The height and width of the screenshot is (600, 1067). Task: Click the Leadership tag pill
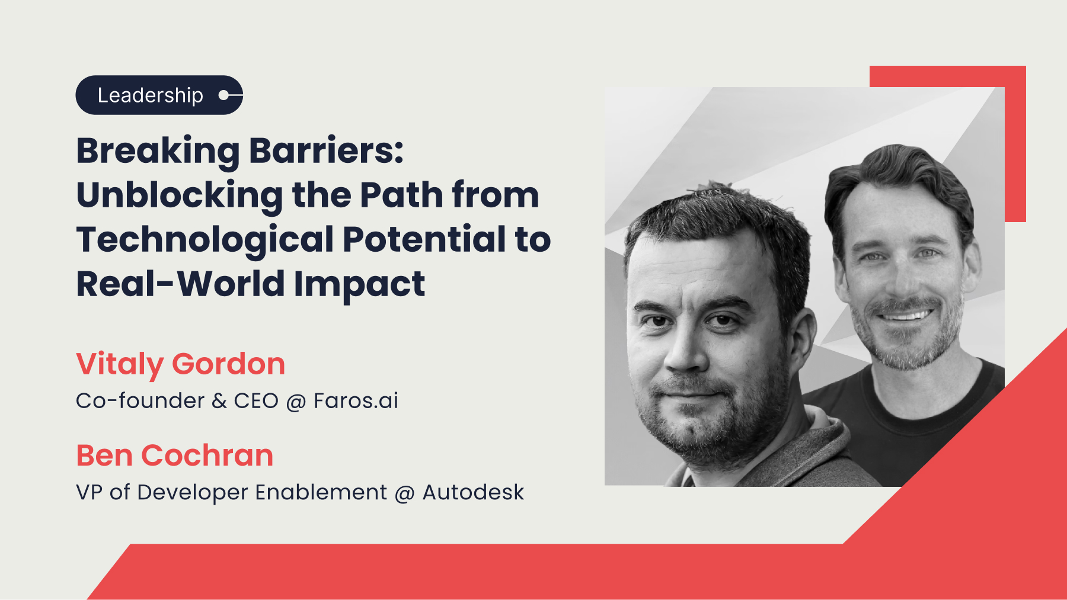click(x=159, y=95)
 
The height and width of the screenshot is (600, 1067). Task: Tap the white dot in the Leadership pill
click(x=223, y=95)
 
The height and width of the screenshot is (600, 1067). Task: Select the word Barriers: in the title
click(x=326, y=150)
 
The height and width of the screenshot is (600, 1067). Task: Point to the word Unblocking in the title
click(x=180, y=196)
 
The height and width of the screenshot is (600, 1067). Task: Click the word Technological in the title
click(x=205, y=240)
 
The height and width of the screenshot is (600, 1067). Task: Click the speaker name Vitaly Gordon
click(x=181, y=364)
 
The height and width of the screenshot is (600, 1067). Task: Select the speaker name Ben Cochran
click(x=175, y=455)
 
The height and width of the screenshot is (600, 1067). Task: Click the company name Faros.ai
click(x=356, y=401)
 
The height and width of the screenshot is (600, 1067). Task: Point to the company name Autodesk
click(x=473, y=492)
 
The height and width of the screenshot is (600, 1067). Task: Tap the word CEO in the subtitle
click(x=256, y=401)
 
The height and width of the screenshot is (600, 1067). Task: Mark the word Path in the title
click(x=401, y=195)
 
